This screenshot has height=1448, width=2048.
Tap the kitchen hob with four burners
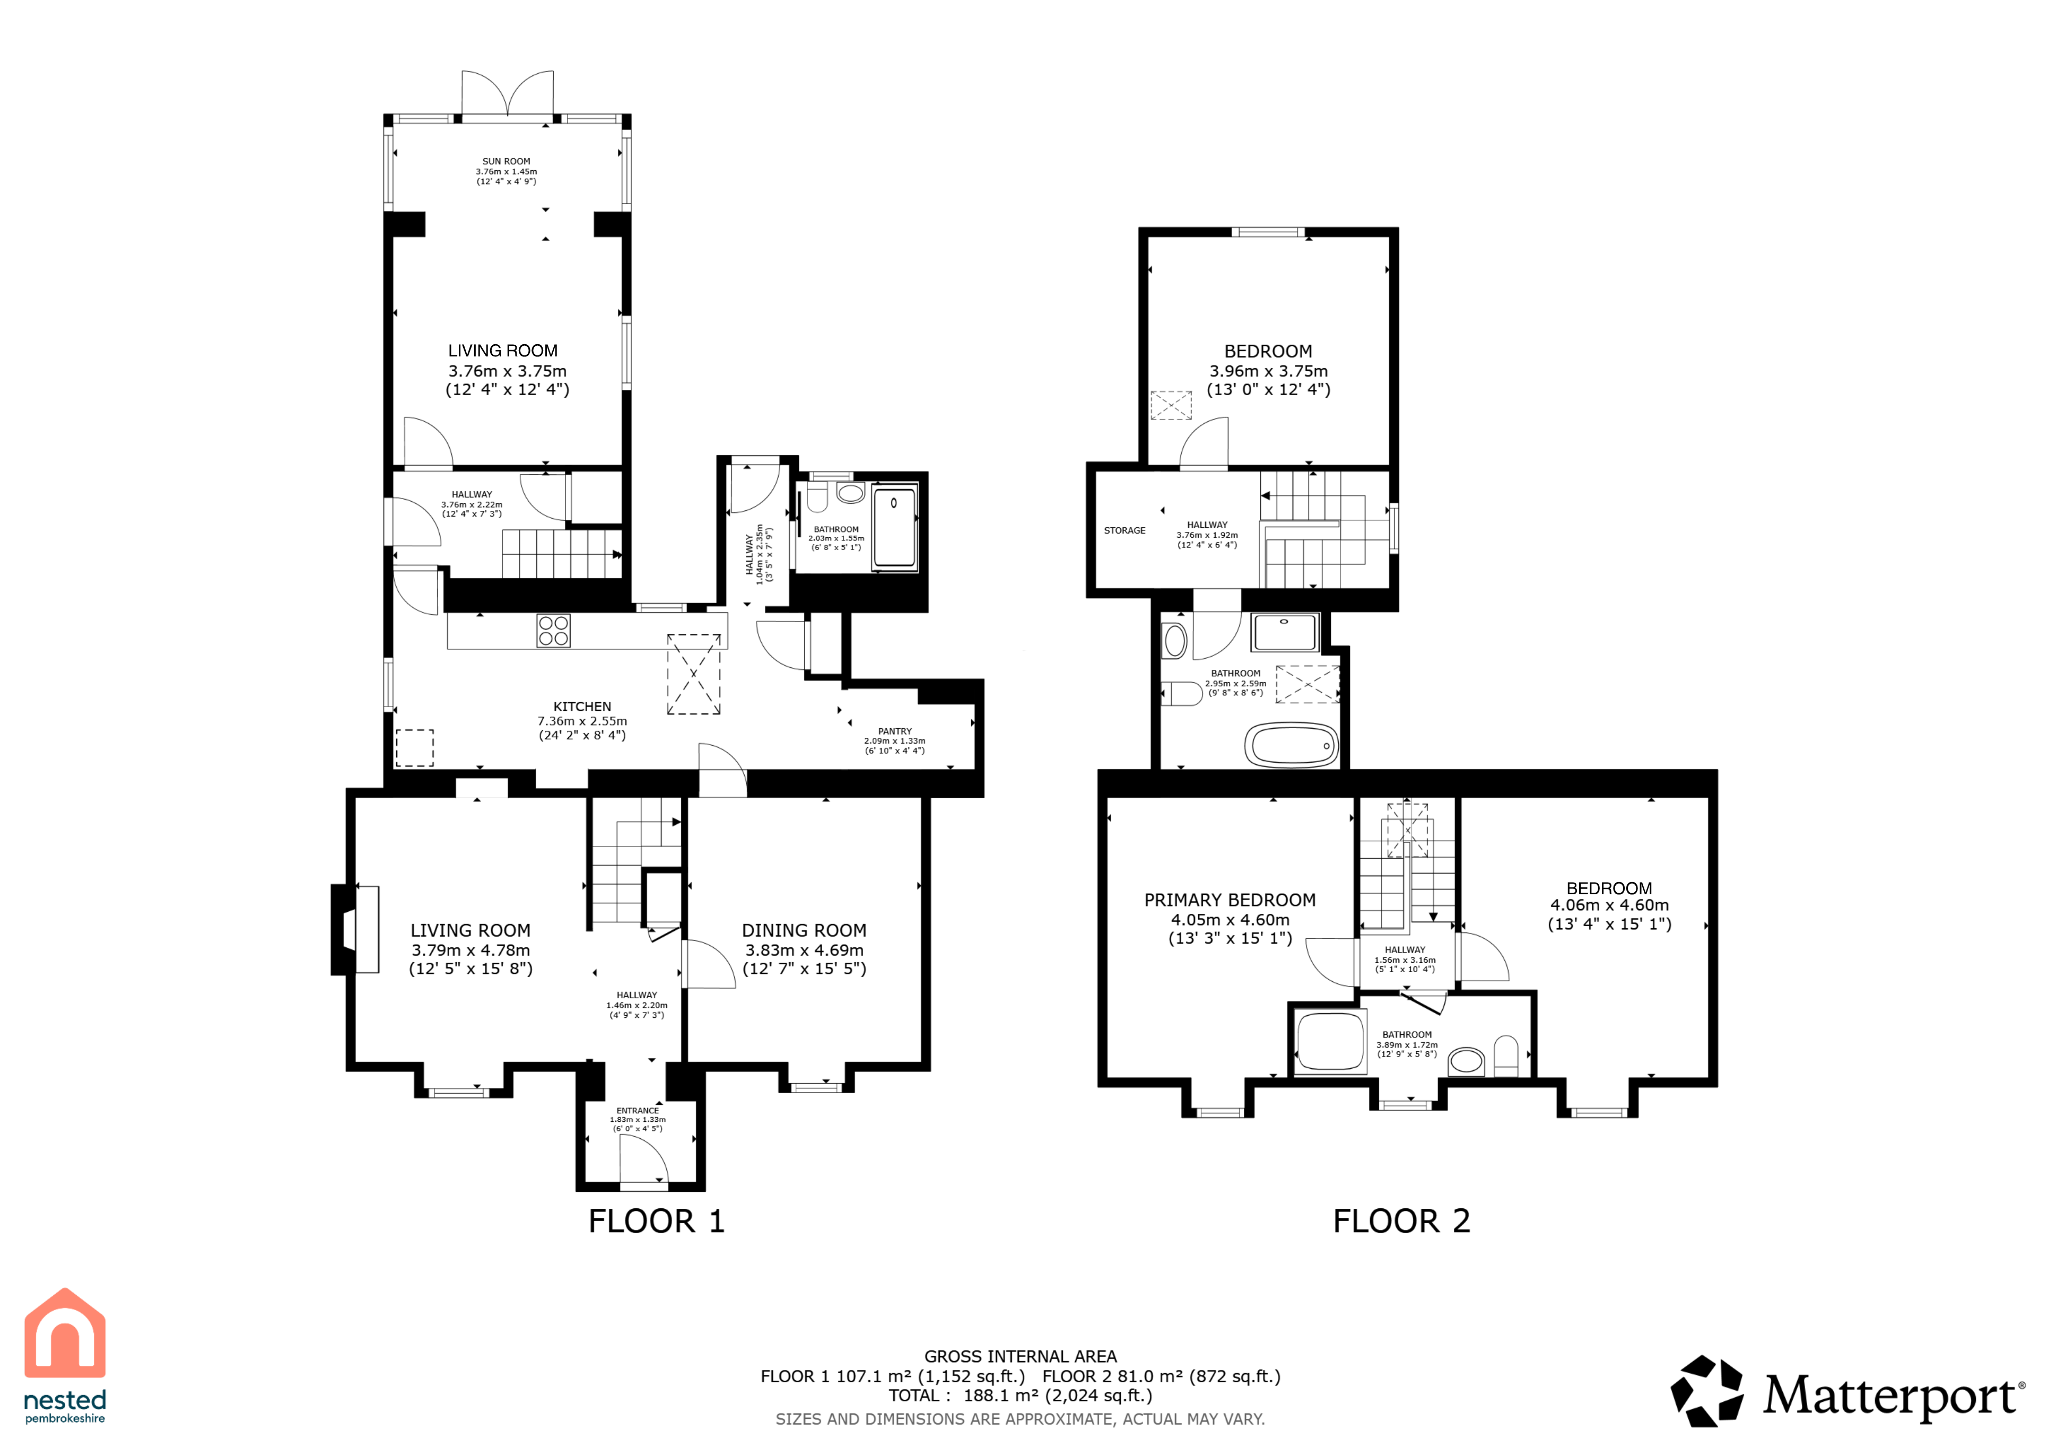click(x=554, y=631)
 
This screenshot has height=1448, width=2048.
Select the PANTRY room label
click(x=895, y=731)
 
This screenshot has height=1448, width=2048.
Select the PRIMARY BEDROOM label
click(x=1230, y=900)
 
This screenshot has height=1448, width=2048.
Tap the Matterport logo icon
click(x=1706, y=1391)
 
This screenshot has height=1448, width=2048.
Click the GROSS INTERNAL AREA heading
click(x=1021, y=1356)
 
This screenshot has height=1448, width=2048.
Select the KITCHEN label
click(x=582, y=706)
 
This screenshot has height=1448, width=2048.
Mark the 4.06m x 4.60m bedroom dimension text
click(x=1609, y=905)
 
